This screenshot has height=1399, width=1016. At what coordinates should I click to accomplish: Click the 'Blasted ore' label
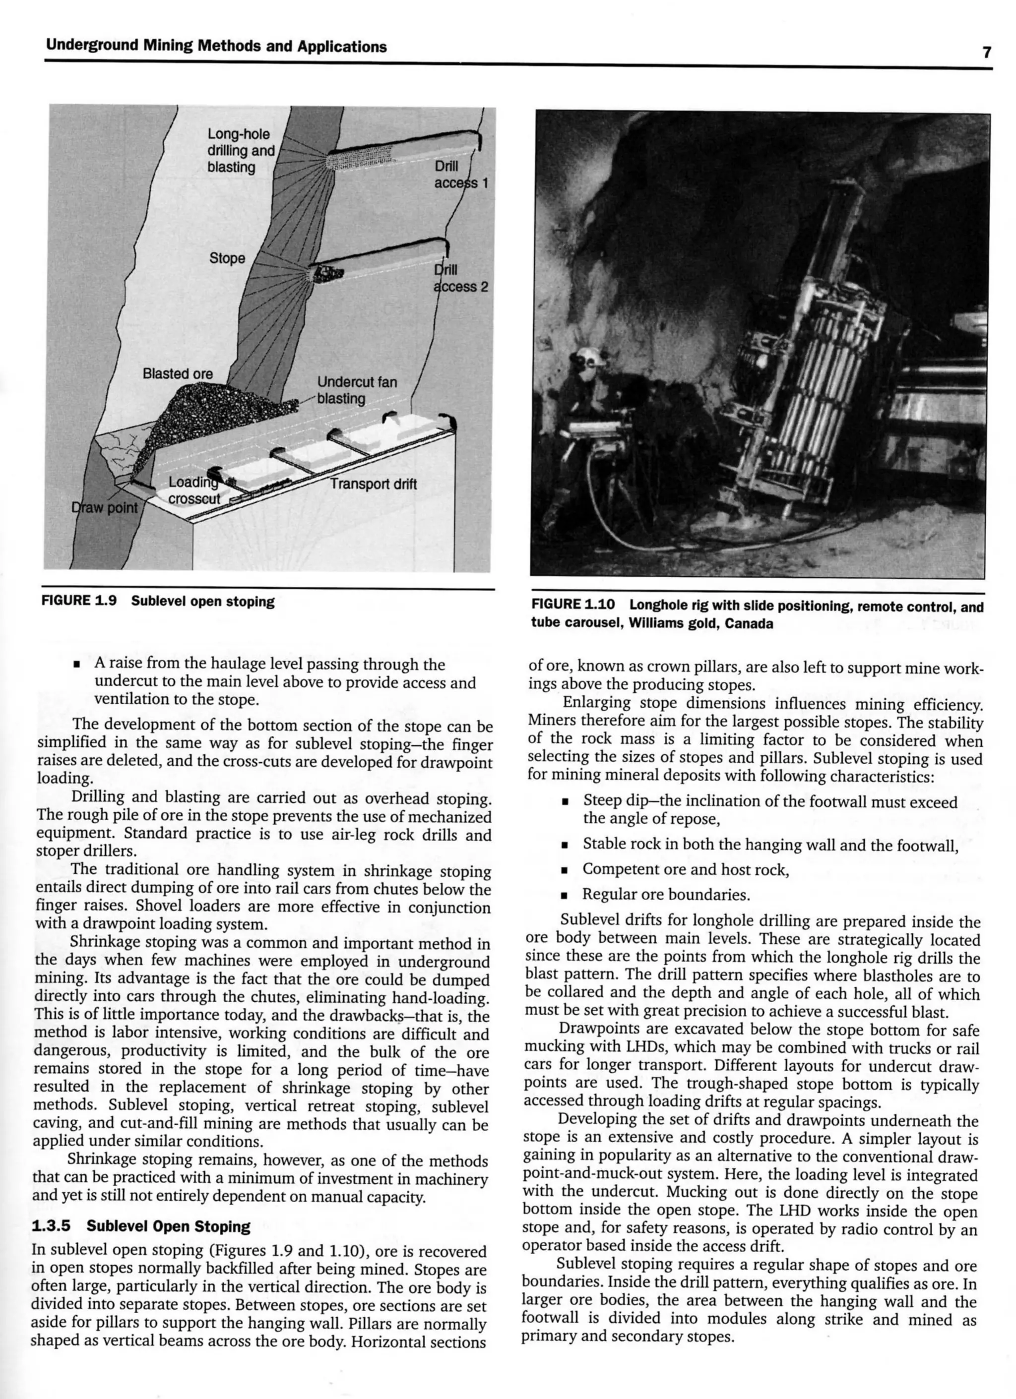click(x=177, y=374)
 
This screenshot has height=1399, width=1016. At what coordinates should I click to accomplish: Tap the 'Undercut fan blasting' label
click(x=357, y=390)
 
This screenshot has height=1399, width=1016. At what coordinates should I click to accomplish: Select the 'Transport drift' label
click(x=373, y=484)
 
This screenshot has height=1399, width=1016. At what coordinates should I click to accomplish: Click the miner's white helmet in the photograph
click(x=586, y=357)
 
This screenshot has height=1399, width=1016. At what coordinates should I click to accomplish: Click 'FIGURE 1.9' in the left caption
click(x=78, y=601)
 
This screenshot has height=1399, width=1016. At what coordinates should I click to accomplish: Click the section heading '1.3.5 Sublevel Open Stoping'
click(x=141, y=1226)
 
